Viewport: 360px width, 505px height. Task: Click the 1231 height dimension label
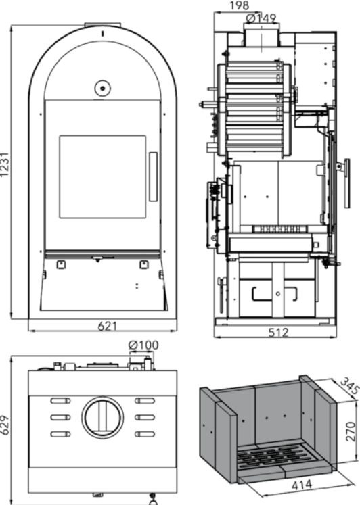click(x=5, y=164)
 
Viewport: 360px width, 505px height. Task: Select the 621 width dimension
click(x=108, y=327)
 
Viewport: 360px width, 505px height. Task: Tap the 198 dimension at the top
click(x=239, y=5)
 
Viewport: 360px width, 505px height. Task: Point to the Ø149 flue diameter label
click(x=261, y=18)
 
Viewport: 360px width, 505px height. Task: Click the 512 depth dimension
click(x=279, y=332)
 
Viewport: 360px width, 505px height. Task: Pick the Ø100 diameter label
click(x=143, y=345)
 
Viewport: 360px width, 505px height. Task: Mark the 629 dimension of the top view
click(x=5, y=425)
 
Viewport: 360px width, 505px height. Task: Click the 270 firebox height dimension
click(x=351, y=431)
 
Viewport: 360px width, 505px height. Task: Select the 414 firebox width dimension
click(x=302, y=485)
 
